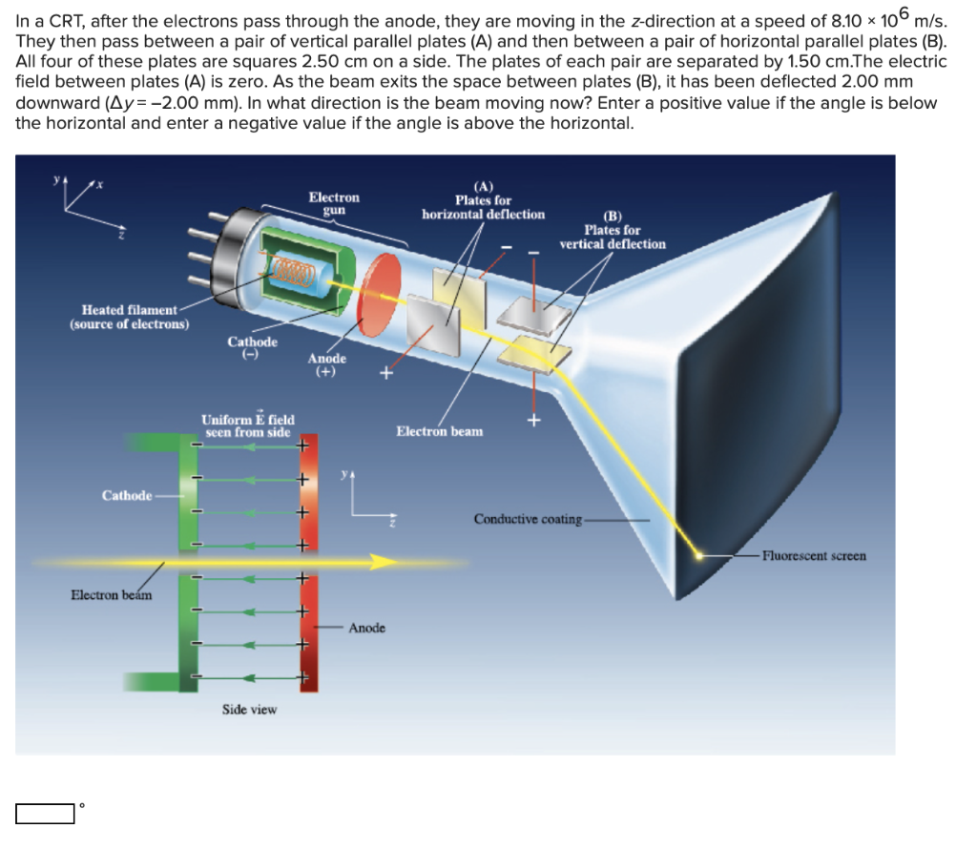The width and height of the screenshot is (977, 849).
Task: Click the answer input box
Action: pos(45,814)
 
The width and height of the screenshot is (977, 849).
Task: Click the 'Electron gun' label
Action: pos(334,203)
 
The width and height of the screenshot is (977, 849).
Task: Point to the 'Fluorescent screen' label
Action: pos(814,555)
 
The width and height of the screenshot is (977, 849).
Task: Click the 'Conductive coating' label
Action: pos(528,519)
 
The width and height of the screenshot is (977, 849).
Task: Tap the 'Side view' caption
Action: pos(249,710)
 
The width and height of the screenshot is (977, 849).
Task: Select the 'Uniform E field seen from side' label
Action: pos(248,425)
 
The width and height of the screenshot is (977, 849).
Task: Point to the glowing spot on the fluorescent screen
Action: pos(698,554)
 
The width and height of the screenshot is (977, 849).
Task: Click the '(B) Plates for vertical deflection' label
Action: pos(613,230)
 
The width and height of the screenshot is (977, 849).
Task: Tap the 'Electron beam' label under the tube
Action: pos(439,431)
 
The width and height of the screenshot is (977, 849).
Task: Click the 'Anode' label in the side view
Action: pos(367,628)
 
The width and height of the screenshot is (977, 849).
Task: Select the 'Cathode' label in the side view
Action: pos(127,495)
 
